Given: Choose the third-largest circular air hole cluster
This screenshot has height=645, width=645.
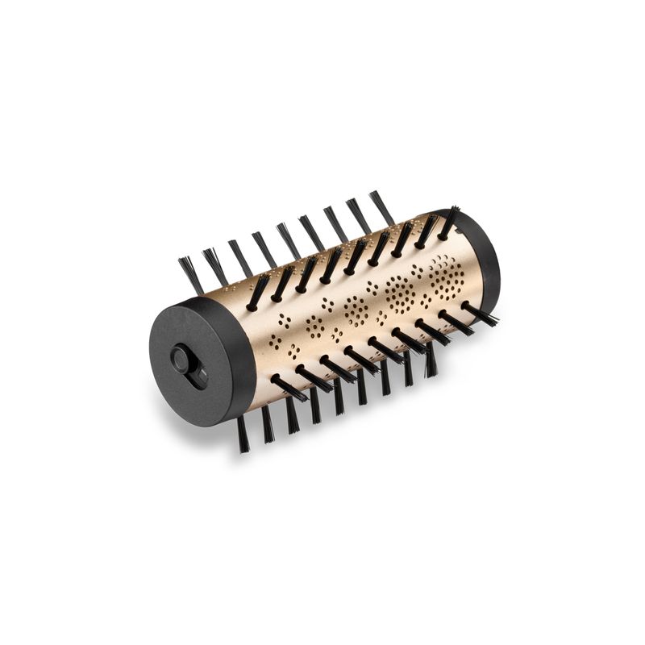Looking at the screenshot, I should [x=356, y=310].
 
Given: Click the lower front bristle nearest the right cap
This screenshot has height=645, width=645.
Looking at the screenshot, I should [x=479, y=314].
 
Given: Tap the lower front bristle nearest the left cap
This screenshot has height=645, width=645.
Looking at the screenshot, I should [x=289, y=388].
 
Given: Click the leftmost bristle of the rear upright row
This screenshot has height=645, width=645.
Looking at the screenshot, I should [x=191, y=275].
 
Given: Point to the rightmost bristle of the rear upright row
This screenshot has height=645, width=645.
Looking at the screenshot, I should [x=381, y=206].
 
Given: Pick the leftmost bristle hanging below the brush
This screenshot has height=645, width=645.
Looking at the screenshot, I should [x=243, y=434].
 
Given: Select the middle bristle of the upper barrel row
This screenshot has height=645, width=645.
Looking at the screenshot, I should [x=354, y=256].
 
